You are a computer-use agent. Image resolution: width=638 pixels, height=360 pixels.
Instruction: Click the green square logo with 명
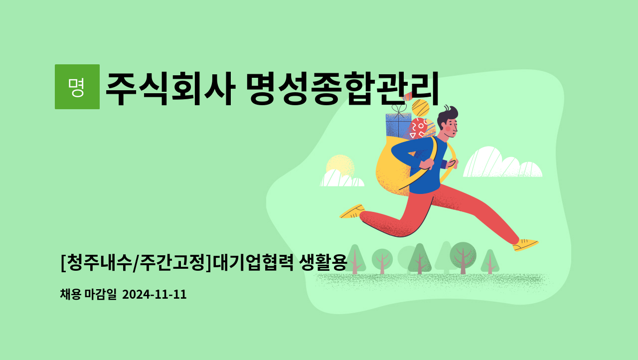click(x=77, y=87)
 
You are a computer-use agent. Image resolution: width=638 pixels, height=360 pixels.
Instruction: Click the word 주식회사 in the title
click(x=170, y=89)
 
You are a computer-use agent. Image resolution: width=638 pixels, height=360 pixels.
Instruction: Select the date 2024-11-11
click(x=155, y=294)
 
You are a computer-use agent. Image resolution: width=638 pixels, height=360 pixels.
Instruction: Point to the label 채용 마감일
click(x=88, y=294)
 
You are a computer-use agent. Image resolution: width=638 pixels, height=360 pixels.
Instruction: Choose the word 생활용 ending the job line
click(x=323, y=262)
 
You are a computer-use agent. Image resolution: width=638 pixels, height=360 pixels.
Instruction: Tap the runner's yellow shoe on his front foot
click(x=525, y=245)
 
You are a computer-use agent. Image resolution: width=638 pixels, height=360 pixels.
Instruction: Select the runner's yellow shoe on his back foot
click(x=352, y=211)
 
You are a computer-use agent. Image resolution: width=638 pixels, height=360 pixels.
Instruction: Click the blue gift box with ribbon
click(x=398, y=126)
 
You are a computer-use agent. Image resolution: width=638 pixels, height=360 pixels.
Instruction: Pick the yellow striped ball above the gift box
click(x=420, y=108)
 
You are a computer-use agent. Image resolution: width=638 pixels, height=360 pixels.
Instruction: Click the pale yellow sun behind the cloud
click(x=340, y=166)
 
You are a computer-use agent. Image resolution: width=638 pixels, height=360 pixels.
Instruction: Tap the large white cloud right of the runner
click(x=502, y=163)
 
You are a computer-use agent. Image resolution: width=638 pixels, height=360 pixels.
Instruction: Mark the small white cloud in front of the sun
click(x=342, y=179)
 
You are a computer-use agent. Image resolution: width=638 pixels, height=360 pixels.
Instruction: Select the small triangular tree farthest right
click(x=490, y=262)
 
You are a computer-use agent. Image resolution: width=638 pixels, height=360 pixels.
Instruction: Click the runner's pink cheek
click(x=448, y=129)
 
